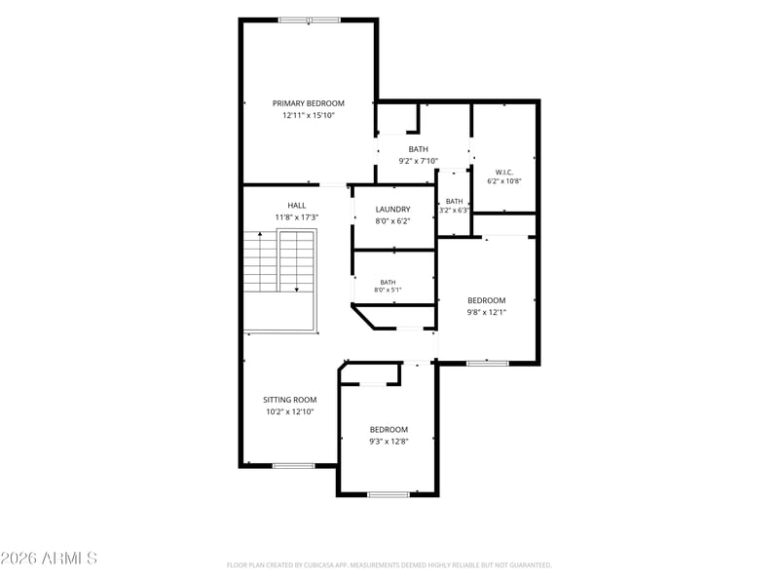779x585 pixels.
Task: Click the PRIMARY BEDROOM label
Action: (308, 103)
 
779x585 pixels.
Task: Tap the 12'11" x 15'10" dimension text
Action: (309, 115)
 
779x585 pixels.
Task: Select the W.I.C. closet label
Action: (504, 173)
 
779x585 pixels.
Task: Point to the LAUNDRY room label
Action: (393, 210)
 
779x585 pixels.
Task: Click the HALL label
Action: (297, 206)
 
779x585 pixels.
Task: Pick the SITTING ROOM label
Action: (289, 400)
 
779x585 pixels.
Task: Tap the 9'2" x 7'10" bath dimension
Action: (419, 161)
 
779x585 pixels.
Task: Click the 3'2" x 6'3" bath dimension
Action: (454, 211)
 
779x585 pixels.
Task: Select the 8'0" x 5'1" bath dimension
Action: (388, 290)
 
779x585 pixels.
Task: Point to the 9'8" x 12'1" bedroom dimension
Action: (486, 312)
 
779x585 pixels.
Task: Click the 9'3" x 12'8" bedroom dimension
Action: (389, 442)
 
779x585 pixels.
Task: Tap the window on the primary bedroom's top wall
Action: (309, 20)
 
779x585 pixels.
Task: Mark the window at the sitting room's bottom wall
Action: (294, 466)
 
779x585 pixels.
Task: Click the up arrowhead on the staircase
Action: (260, 234)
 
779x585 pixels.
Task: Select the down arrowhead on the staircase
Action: (297, 289)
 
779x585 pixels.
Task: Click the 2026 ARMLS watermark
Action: (49, 558)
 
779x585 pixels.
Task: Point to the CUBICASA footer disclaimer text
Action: (389, 565)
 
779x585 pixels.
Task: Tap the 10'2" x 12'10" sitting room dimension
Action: (290, 411)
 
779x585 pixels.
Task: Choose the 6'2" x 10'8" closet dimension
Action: (504, 181)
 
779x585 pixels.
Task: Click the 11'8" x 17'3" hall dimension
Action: (297, 217)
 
